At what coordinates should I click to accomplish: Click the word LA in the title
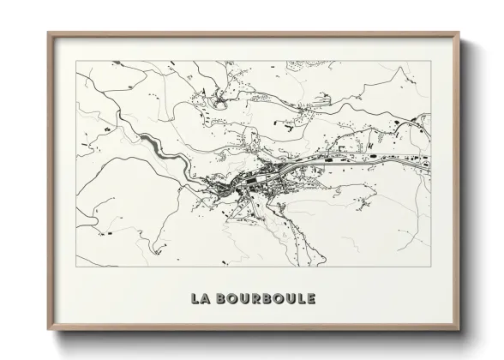(x=199, y=298)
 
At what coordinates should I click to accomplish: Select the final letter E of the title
(x=309, y=298)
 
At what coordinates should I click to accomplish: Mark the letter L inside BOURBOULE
(x=298, y=298)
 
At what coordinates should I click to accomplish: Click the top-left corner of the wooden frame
(x=48, y=33)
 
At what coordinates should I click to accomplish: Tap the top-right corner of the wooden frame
(x=460, y=33)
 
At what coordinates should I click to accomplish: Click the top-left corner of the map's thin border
(x=76, y=61)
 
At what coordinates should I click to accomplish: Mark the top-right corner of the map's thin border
(x=431, y=61)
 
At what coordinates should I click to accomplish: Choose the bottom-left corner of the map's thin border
(x=76, y=267)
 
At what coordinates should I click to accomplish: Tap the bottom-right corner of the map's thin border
(x=431, y=267)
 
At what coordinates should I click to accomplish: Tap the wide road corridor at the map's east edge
(x=411, y=157)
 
